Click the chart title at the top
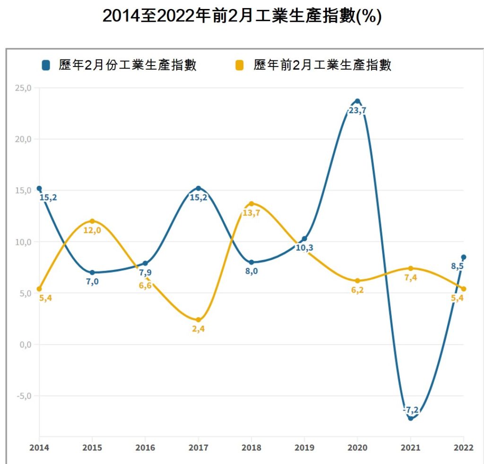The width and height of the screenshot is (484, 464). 242,16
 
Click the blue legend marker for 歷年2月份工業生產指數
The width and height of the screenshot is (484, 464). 46,66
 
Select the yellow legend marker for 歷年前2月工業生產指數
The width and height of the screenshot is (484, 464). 240,66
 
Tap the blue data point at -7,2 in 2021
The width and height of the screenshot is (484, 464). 410,418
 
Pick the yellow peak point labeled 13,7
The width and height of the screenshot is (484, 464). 251,203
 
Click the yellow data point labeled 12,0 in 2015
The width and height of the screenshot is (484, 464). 92,221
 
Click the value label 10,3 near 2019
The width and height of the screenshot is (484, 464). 305,247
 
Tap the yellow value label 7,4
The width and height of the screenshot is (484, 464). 411,278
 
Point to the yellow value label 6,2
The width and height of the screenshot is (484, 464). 357,290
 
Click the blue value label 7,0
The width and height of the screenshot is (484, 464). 92,282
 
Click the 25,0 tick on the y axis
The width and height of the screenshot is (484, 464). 23,88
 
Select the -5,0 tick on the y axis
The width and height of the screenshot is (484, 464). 23,396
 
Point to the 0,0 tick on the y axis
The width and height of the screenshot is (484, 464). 24,344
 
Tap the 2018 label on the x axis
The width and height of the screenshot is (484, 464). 251,448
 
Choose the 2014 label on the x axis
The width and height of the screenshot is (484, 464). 40,448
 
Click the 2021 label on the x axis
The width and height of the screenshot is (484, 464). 410,448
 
